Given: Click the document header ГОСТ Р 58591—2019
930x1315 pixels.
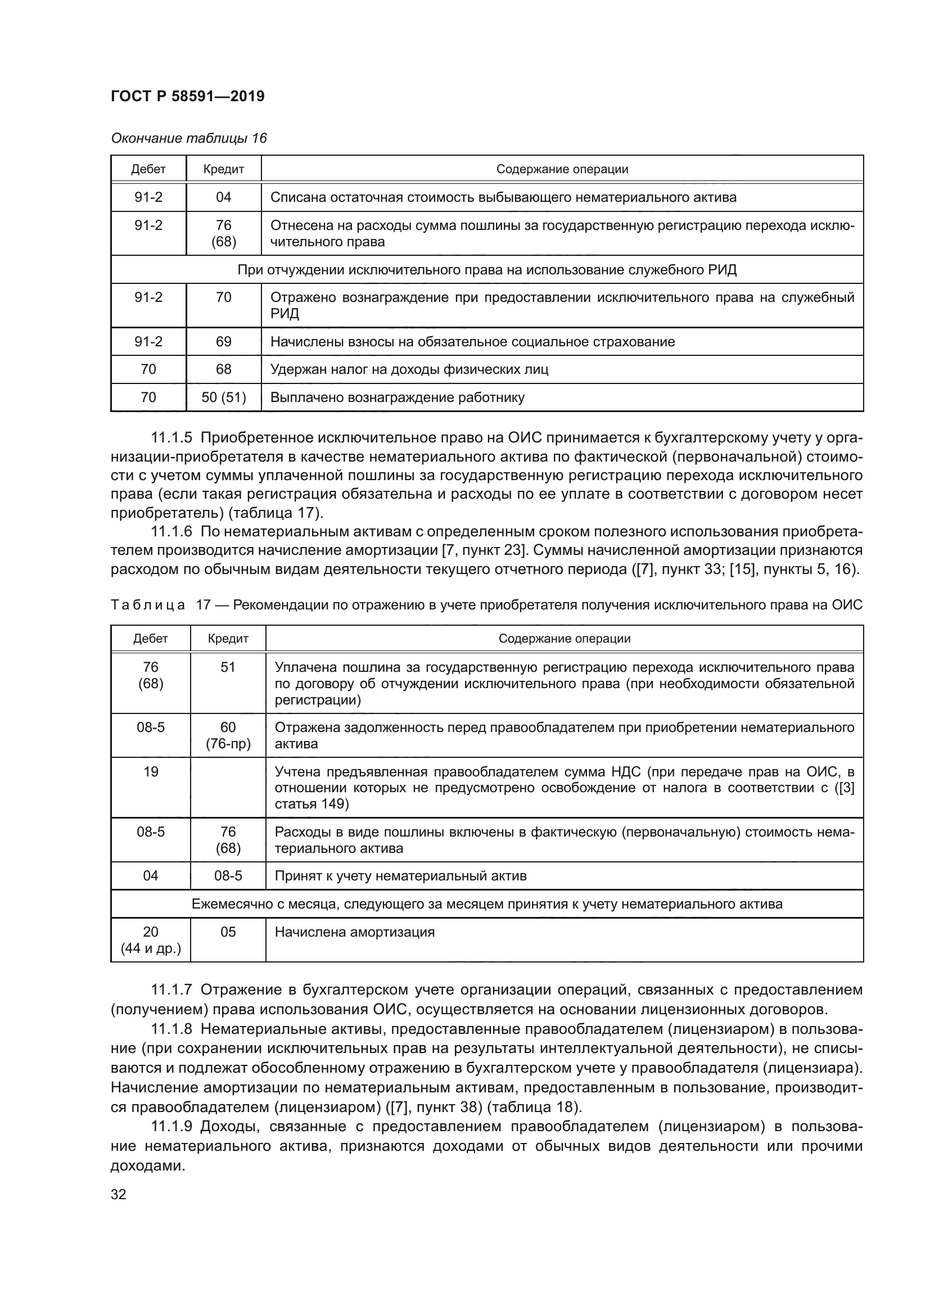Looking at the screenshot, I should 187,96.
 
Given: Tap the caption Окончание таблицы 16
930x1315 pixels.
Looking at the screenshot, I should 188,138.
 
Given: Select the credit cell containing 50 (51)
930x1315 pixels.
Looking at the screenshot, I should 223,397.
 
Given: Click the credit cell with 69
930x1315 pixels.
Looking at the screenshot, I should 223,342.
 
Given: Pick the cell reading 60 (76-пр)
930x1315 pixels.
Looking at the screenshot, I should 228,735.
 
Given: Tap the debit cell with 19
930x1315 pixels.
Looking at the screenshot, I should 151,771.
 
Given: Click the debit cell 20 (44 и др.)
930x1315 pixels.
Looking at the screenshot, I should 151,940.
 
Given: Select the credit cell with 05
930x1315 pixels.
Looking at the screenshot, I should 228,932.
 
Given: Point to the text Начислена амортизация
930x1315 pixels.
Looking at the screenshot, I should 354,932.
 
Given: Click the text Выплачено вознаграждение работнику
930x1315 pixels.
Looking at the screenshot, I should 397,397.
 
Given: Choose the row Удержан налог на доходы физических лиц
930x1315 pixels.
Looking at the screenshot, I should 409,369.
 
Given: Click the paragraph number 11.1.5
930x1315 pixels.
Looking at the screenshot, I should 171,438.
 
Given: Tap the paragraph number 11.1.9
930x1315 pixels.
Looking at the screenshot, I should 171,1127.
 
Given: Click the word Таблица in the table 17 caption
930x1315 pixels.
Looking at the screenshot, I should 148,605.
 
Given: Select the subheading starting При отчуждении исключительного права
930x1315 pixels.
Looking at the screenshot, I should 487,270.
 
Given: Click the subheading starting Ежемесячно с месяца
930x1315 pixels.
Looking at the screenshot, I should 487,904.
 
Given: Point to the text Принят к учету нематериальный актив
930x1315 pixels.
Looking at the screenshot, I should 400,876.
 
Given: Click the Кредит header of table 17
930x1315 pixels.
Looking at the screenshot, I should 228,639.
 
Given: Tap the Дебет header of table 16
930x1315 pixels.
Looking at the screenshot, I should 148,169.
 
